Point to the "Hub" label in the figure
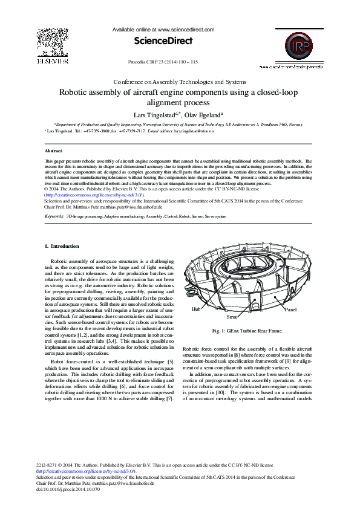tap(195, 308)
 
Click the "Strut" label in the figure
tap(231, 316)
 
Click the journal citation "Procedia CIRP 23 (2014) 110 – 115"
tap(164, 62)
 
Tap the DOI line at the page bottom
tap(68, 488)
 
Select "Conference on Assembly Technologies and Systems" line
tap(180, 82)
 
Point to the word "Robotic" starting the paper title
tap(74, 93)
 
